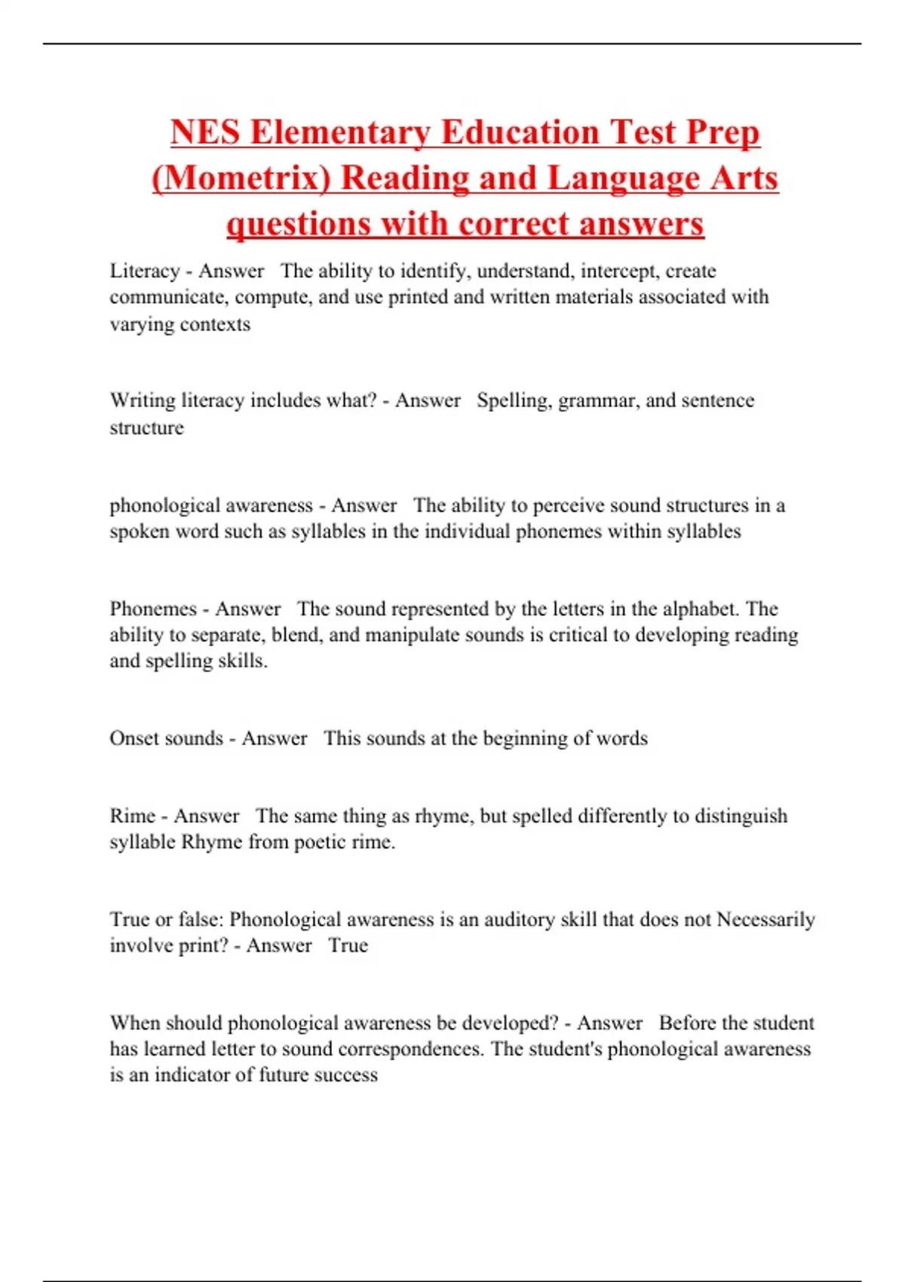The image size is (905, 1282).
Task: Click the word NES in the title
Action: (205, 133)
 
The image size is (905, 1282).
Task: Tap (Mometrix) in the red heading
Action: (241, 179)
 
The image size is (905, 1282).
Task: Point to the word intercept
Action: (618, 271)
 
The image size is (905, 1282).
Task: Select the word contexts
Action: (216, 324)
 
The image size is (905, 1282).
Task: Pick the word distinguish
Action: (741, 816)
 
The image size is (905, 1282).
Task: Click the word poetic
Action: (320, 842)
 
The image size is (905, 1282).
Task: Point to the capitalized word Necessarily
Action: (765, 920)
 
